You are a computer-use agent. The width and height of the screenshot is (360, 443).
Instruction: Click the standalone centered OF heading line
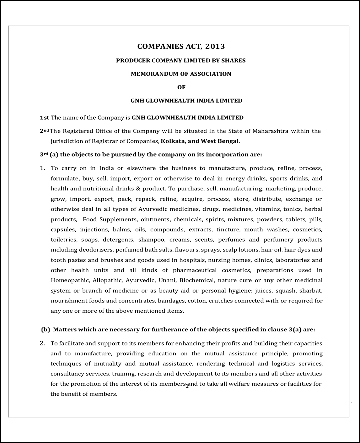[181, 87]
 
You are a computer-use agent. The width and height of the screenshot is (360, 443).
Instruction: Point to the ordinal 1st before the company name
[44, 118]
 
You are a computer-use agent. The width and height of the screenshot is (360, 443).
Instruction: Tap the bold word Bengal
[229, 141]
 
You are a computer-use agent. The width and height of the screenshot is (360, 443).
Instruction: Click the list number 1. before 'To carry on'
[42, 168]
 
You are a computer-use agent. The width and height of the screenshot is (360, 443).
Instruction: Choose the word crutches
[221, 301]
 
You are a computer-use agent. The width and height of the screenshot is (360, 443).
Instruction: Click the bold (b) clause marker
[45, 329]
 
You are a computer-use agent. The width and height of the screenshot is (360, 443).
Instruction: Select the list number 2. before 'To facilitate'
[42, 343]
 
